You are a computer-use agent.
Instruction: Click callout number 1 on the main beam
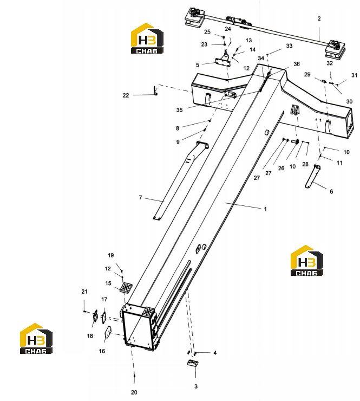tap(265, 209)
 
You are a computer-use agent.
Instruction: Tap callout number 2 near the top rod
tap(319, 18)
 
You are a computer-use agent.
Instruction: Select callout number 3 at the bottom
tap(196, 386)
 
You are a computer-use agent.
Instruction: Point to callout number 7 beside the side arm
tap(140, 197)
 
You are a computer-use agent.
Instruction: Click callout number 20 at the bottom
tap(134, 392)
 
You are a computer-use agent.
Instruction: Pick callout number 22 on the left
tap(126, 95)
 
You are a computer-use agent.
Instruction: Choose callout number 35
tap(179, 110)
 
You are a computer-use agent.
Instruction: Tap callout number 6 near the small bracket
tap(331, 191)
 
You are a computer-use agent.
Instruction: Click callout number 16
tap(102, 351)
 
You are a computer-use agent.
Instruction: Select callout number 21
tap(84, 292)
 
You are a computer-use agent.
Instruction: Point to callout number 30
tap(349, 101)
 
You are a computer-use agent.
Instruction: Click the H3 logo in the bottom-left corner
tap(36, 338)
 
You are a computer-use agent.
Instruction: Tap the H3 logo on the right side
tap(307, 260)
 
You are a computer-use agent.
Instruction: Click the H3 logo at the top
tap(147, 38)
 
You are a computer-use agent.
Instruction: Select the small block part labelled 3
tap(193, 363)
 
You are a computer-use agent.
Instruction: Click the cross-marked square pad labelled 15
tap(126, 288)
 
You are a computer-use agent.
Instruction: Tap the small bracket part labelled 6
tap(313, 177)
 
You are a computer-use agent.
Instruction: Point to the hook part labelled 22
tap(155, 90)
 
